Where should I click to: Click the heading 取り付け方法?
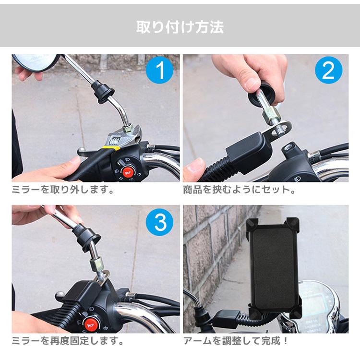(x=180, y=27)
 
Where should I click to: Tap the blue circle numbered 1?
(x=159, y=70)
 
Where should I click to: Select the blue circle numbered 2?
(x=328, y=70)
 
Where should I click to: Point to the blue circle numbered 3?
(x=159, y=222)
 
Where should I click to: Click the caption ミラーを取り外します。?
(x=63, y=190)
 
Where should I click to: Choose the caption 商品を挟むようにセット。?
(x=239, y=190)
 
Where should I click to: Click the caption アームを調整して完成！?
(x=236, y=341)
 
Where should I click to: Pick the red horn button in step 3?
(x=92, y=324)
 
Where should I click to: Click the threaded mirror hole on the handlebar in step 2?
(x=290, y=147)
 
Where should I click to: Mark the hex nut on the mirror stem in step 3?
(x=96, y=265)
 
